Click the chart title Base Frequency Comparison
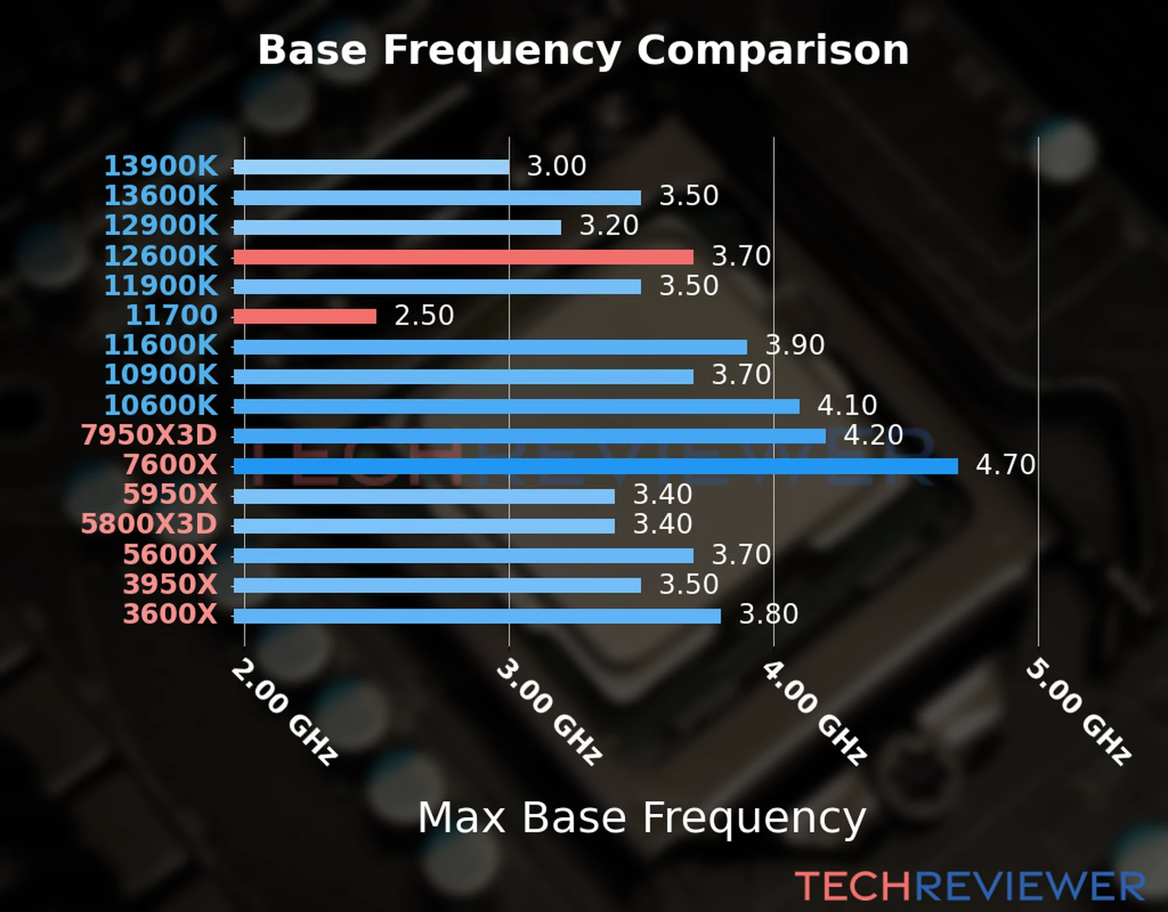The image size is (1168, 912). tap(583, 50)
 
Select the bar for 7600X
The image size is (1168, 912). tap(595, 466)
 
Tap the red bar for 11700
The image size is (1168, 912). tap(305, 316)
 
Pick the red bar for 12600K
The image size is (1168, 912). tap(463, 257)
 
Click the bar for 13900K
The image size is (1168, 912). tap(371, 167)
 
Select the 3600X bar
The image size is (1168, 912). tap(477, 616)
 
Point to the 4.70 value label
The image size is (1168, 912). tap(1005, 464)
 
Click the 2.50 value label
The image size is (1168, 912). tap(424, 315)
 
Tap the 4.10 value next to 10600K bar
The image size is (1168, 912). tap(847, 405)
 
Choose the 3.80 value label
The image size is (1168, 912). tap(768, 614)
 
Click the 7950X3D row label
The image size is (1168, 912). tap(149, 435)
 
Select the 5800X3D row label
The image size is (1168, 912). tap(149, 524)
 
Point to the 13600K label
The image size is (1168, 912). tap(160, 196)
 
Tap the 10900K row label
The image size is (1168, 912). tap(160, 375)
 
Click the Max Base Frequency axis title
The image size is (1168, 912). tap(642, 818)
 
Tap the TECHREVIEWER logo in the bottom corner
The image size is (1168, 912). tap(970, 886)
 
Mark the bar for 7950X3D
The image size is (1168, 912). tap(529, 436)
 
